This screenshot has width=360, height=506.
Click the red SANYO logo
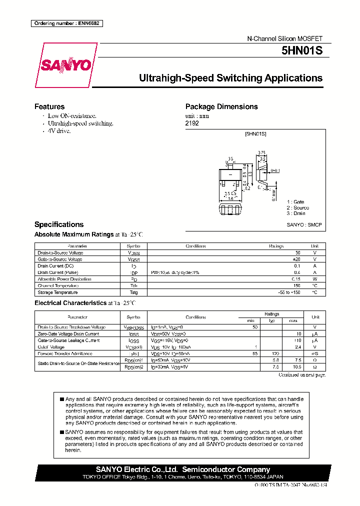(66, 65)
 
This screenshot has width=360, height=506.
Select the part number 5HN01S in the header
(306, 51)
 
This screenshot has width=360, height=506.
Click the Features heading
(49, 106)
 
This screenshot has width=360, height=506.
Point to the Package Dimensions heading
(221, 106)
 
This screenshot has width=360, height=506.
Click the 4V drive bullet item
(59, 130)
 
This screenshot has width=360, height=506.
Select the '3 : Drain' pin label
(295, 213)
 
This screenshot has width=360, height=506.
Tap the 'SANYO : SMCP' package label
(304, 225)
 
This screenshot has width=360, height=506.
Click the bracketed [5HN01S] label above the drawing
(255, 134)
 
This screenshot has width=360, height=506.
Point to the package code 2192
(192, 123)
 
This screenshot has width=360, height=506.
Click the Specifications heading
(59, 224)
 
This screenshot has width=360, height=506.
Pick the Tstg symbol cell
(134, 292)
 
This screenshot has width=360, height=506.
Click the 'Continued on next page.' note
(301, 374)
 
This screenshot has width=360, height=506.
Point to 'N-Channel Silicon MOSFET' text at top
(285, 38)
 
